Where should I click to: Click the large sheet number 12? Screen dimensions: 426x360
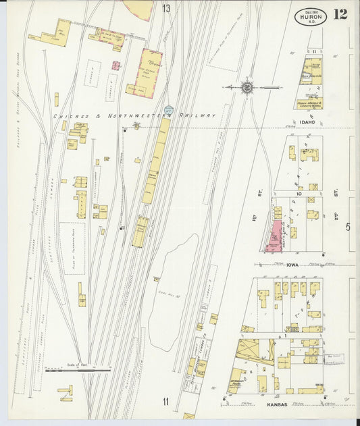(x=340, y=14)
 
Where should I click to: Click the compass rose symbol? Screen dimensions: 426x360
(x=248, y=87)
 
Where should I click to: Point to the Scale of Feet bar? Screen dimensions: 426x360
(x=78, y=369)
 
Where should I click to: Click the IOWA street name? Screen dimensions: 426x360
(x=292, y=265)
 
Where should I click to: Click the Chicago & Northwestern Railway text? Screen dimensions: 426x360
(x=135, y=115)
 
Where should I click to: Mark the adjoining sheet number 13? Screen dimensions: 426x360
(x=166, y=8)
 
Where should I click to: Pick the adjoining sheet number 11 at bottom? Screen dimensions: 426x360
(x=165, y=404)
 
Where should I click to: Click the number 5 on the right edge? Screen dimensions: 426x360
(x=349, y=227)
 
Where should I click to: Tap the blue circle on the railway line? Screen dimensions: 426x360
(x=169, y=109)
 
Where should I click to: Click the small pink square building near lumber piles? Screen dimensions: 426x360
(x=115, y=65)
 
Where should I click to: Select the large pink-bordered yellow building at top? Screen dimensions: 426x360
(x=149, y=72)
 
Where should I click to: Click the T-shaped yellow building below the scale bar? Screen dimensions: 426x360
(x=66, y=391)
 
